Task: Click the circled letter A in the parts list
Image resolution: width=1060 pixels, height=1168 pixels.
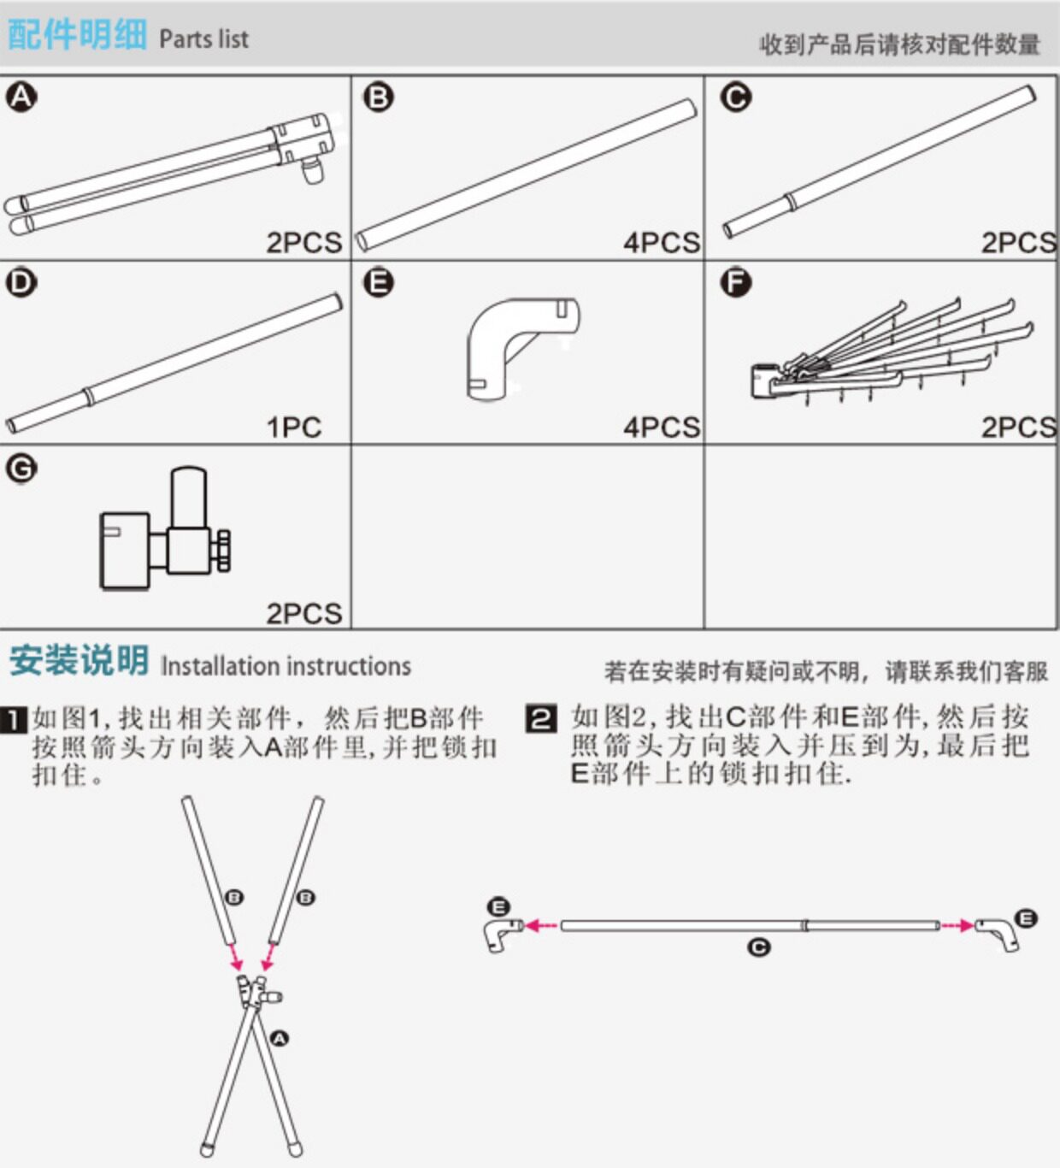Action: click(21, 97)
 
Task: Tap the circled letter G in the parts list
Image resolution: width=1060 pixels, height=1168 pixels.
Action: click(21, 468)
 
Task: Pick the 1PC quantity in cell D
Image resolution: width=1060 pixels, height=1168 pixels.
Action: click(293, 427)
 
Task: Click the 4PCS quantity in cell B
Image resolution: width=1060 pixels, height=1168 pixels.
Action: click(661, 242)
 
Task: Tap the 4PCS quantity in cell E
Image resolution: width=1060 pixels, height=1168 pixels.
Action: click(661, 427)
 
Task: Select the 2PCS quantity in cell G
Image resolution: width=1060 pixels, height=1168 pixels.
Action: click(303, 612)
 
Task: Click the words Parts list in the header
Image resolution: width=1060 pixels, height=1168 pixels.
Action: click(203, 39)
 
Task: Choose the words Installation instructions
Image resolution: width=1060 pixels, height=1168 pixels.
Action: click(286, 666)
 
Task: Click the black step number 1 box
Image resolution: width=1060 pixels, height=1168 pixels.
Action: click(15, 719)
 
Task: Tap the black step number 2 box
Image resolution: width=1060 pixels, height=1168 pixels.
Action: click(541, 718)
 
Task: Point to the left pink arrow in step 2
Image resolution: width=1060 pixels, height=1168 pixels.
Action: click(541, 925)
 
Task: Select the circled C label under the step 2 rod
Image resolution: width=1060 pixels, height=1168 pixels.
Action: click(758, 947)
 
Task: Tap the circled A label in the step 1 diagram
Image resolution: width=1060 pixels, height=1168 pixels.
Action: click(280, 1038)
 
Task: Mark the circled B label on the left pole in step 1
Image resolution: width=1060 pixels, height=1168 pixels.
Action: click(234, 897)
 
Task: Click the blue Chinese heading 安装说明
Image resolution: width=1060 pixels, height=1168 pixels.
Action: click(79, 661)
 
